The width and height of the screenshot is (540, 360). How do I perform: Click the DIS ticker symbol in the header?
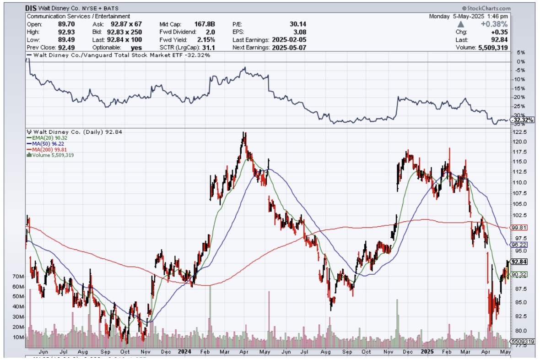(x=31, y=8)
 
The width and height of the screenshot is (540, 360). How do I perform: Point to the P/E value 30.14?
(x=298, y=24)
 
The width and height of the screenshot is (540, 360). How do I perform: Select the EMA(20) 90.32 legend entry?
(x=45, y=137)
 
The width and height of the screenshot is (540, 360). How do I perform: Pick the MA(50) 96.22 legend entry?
(x=44, y=143)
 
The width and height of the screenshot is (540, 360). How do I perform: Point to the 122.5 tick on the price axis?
(x=519, y=132)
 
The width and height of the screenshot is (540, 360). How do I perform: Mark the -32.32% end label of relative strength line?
(x=521, y=120)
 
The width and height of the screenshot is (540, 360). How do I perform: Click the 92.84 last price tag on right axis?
(x=520, y=262)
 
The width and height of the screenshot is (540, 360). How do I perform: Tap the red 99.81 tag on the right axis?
(x=519, y=228)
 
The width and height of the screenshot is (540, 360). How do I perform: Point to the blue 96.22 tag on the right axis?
(x=519, y=245)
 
